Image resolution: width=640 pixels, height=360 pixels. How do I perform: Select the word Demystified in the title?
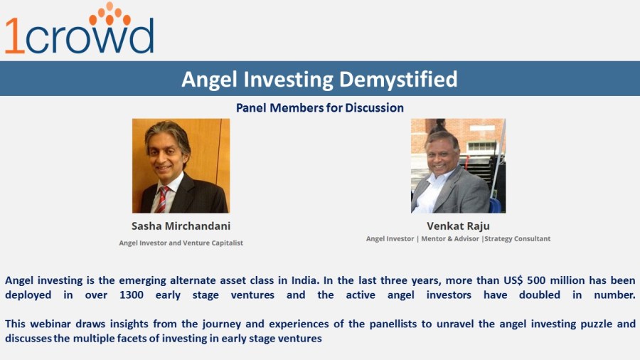click(x=398, y=79)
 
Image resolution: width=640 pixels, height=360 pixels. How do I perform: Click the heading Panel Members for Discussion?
click(x=319, y=108)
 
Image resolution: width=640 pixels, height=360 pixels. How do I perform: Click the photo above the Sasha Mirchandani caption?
click(x=181, y=166)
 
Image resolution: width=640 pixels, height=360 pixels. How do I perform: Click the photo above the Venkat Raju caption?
click(x=458, y=166)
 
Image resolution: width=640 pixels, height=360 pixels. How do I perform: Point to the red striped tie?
click(x=162, y=198)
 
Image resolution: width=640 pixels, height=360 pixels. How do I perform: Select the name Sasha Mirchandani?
click(x=181, y=226)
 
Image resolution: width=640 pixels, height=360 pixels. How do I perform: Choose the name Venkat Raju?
click(x=458, y=226)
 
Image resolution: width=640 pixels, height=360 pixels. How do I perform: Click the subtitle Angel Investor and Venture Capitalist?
click(x=181, y=243)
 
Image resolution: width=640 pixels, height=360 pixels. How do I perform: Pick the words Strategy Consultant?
click(x=518, y=239)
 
